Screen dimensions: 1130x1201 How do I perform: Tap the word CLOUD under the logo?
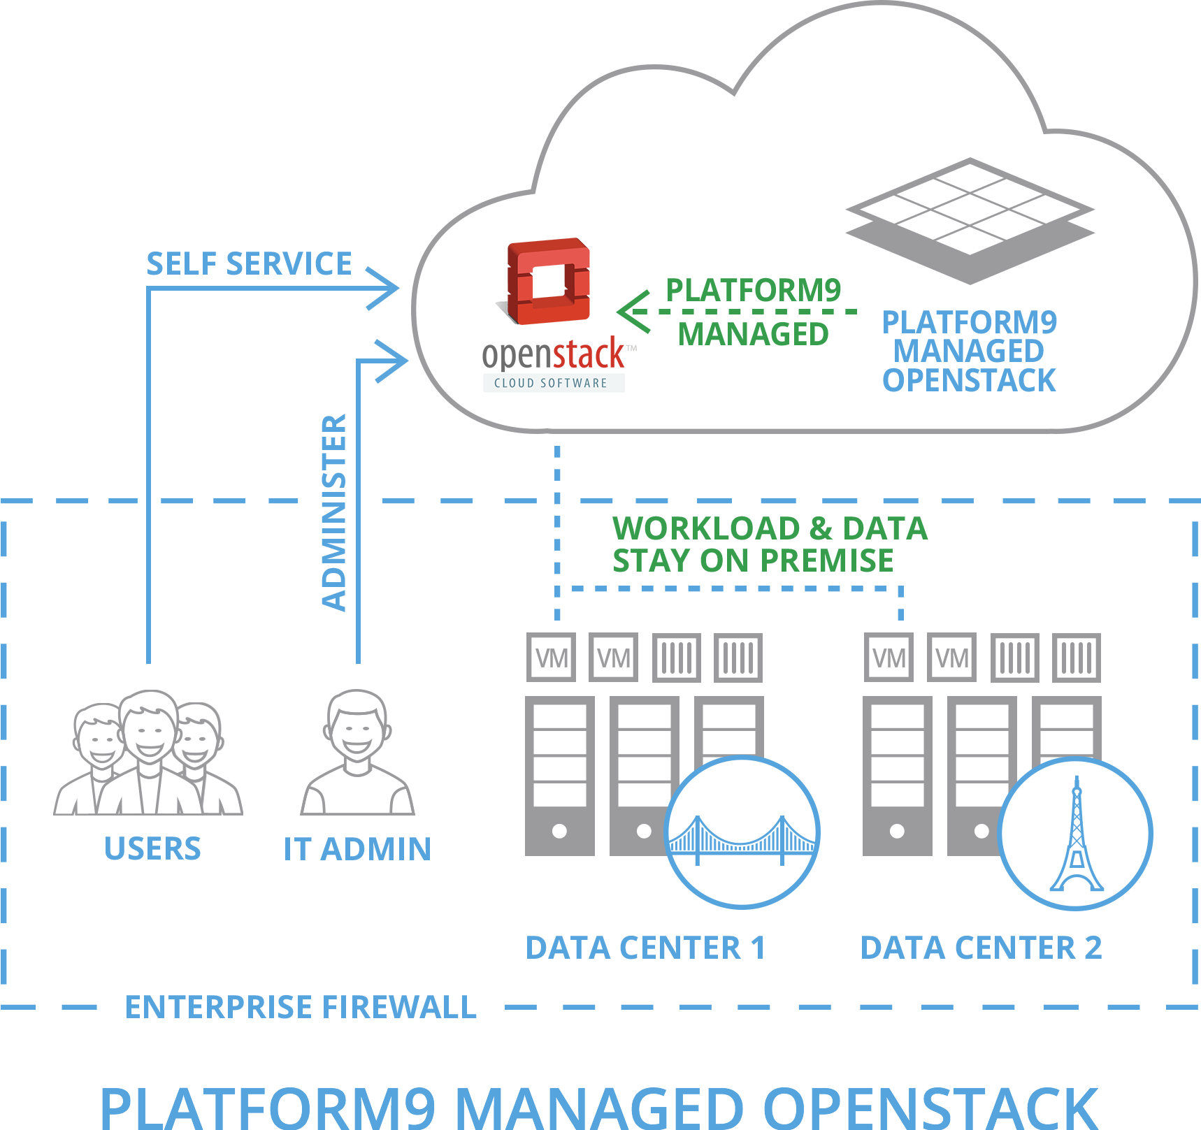(x=515, y=383)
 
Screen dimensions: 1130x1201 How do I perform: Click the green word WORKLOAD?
(x=706, y=528)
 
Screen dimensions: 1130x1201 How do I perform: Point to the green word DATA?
(x=885, y=528)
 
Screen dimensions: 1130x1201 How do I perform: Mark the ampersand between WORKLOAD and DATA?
(x=821, y=528)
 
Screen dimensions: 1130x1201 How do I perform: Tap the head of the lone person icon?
(x=357, y=727)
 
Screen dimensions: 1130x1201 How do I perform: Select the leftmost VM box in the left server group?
(x=552, y=658)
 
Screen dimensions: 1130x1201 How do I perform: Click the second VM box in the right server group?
(x=951, y=658)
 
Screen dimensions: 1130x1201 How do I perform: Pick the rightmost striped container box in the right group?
(x=1077, y=658)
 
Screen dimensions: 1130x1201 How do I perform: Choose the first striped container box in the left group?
(x=676, y=658)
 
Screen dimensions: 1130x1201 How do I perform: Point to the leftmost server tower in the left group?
(x=559, y=776)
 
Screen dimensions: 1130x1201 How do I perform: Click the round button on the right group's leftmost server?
(x=897, y=831)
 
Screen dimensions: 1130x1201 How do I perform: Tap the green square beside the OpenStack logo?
(x=633, y=312)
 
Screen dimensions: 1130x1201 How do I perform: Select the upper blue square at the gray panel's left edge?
(x=382, y=288)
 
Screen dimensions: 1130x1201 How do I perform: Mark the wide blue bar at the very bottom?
(x=600, y=1108)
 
